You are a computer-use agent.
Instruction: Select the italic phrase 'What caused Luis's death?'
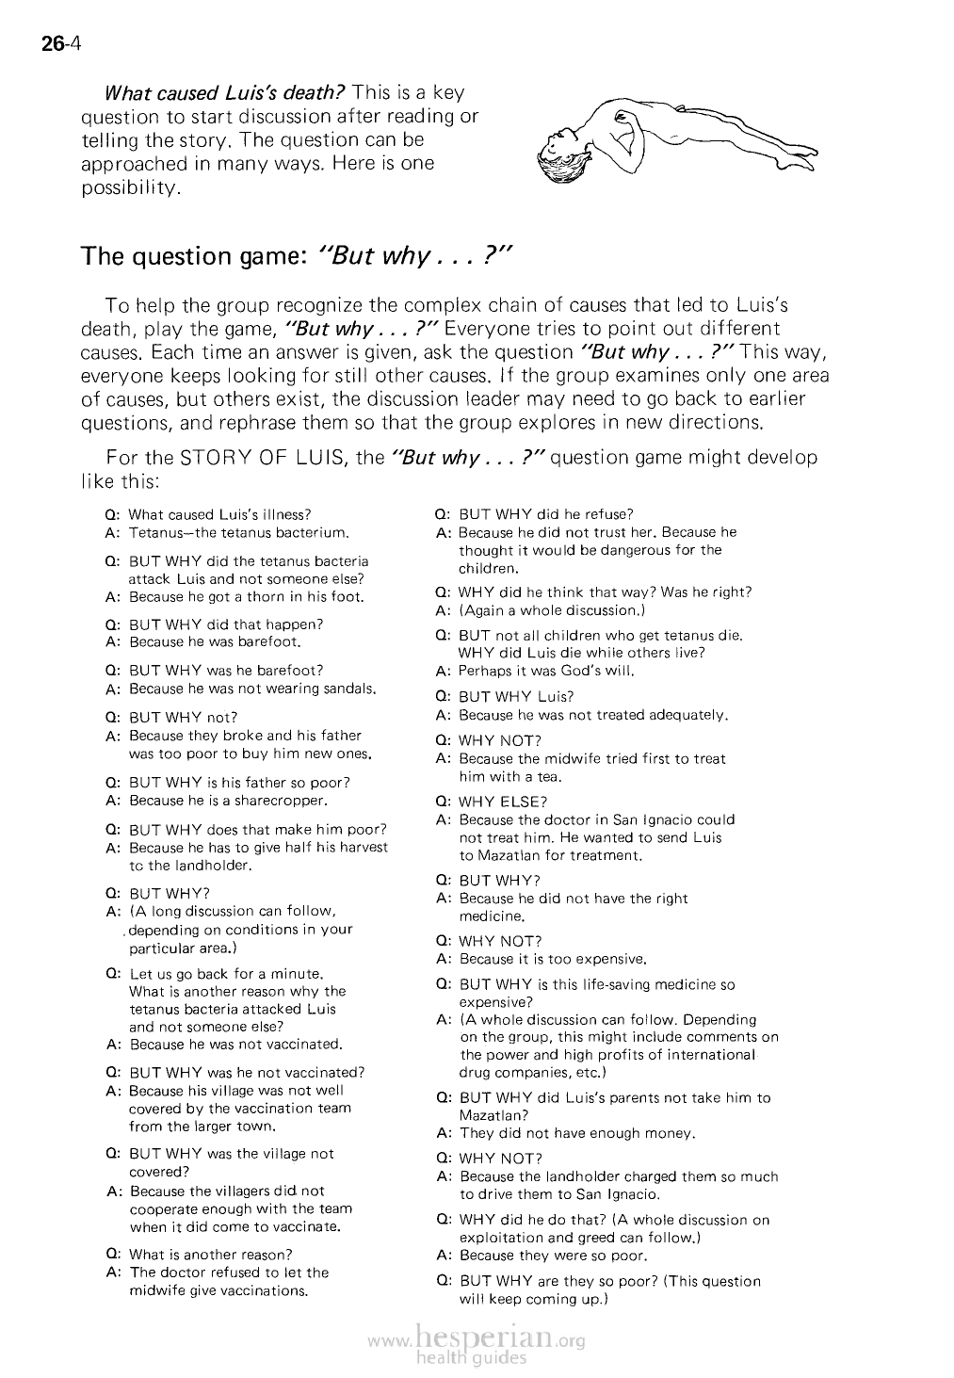(224, 93)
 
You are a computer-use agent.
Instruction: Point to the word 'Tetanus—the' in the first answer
(168, 533)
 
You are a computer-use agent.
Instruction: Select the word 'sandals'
(349, 689)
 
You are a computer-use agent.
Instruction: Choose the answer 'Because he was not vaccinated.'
(235, 1045)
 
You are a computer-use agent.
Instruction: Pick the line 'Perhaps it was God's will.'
(546, 672)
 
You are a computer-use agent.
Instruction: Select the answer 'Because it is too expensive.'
(553, 960)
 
